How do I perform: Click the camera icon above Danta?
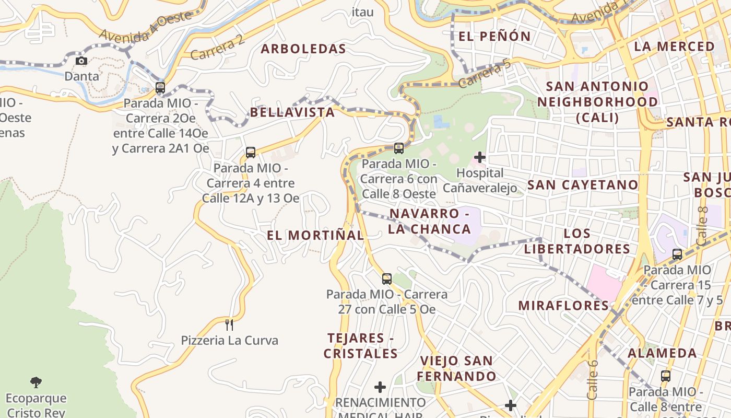[81, 61]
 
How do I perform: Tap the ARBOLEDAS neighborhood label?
[303, 49]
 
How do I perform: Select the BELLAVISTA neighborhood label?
[292, 112]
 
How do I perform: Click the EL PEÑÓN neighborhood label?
[494, 37]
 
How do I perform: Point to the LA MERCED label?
[674, 47]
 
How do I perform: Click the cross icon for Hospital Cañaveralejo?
[479, 157]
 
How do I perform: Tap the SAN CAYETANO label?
[583, 185]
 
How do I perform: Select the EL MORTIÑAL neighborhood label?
[315, 236]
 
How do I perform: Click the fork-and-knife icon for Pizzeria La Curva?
[229, 325]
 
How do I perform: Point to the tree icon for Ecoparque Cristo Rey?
[36, 382]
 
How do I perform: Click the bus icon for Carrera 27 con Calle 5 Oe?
[386, 279]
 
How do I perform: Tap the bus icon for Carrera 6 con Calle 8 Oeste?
[398, 148]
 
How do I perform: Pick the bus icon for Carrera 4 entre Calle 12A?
[251, 153]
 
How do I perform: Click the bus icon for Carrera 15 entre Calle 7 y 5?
[677, 254]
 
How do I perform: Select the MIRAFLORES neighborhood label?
[563, 306]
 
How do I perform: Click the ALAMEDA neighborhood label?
[662, 353]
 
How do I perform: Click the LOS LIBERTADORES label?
[577, 241]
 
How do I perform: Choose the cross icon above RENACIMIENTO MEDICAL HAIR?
[380, 387]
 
